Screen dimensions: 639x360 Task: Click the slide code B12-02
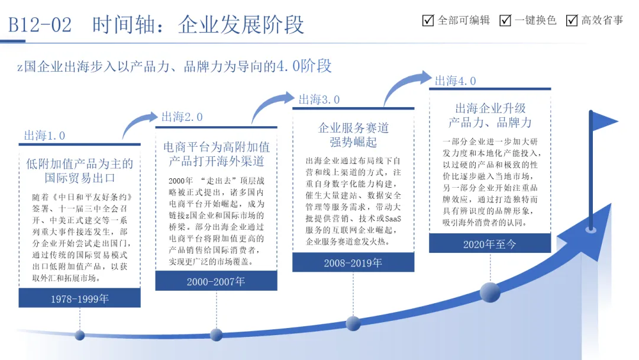pyautogui.click(x=40, y=25)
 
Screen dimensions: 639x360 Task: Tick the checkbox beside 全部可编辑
pyautogui.click(x=428, y=21)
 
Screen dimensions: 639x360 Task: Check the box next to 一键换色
pyautogui.click(x=505, y=21)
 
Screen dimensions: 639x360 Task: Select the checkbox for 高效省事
pyautogui.click(x=572, y=21)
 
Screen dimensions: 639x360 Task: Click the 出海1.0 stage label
pyautogui.click(x=44, y=136)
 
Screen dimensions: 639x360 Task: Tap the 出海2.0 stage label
pyautogui.click(x=182, y=117)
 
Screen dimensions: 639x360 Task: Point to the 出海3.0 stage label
pyautogui.click(x=319, y=99)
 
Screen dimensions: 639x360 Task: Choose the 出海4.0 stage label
pyautogui.click(x=456, y=81)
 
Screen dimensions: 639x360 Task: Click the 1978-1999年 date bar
pyautogui.click(x=79, y=298)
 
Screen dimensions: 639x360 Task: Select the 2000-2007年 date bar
pyautogui.click(x=216, y=281)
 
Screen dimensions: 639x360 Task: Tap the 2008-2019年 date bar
pyautogui.click(x=353, y=263)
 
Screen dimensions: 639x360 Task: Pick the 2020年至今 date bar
pyautogui.click(x=489, y=244)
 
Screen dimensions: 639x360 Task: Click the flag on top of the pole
pyautogui.click(x=605, y=121)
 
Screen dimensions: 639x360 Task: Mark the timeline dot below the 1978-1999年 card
pyautogui.click(x=79, y=335)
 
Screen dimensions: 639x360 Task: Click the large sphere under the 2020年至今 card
pyautogui.click(x=490, y=292)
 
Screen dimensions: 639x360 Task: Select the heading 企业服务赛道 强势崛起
pyautogui.click(x=353, y=135)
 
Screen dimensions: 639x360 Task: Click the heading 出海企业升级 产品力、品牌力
pyautogui.click(x=490, y=115)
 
